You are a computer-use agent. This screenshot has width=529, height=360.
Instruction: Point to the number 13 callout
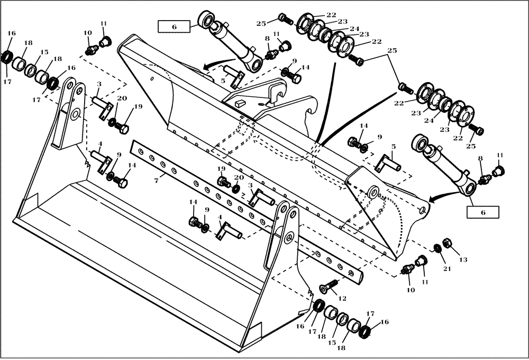(x=463, y=260)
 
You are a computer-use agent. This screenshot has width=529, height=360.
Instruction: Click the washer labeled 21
(x=437, y=248)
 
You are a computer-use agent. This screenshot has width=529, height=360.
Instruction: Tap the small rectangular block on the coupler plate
(x=239, y=104)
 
